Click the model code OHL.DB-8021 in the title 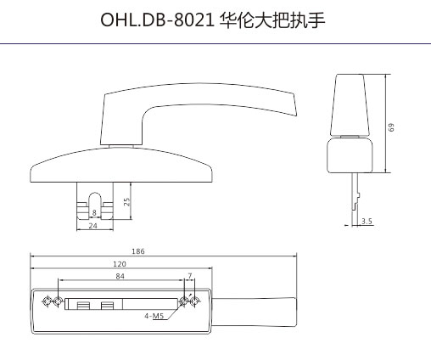(x=157, y=20)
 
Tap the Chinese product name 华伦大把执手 (x=272, y=20)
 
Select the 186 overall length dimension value (x=138, y=251)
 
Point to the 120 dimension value (x=120, y=264)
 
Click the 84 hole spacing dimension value (x=120, y=276)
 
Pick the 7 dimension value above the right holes (x=190, y=275)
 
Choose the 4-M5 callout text (x=154, y=316)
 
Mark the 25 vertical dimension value (x=127, y=201)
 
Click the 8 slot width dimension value (x=94, y=212)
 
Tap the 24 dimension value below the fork (x=92, y=226)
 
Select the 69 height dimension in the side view (x=391, y=127)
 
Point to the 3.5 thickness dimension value (x=367, y=221)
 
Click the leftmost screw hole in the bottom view (x=47, y=301)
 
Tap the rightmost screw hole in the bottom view (x=194, y=301)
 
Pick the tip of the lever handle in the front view (x=296, y=115)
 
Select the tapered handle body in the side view (x=350, y=104)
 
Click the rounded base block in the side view (x=350, y=155)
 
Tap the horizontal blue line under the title (x=215, y=44)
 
